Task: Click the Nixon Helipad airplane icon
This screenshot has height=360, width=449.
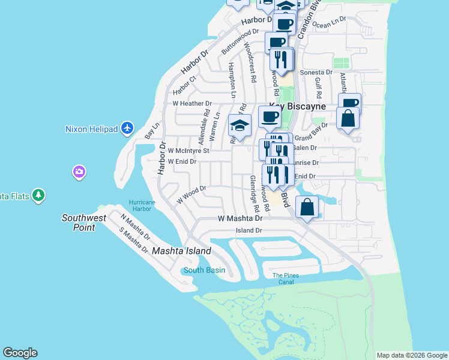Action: pyautogui.click(x=127, y=128)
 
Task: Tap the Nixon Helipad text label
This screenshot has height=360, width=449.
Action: pyautogui.click(x=92, y=128)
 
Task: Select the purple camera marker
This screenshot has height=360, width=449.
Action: pyautogui.click(x=79, y=173)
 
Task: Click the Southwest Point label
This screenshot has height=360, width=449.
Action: pyautogui.click(x=84, y=223)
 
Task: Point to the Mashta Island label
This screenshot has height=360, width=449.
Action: pyautogui.click(x=181, y=251)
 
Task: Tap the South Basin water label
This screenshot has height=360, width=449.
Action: pyautogui.click(x=204, y=270)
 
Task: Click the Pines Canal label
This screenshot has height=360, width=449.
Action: pyautogui.click(x=285, y=278)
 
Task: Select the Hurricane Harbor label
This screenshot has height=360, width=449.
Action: pyautogui.click(x=142, y=206)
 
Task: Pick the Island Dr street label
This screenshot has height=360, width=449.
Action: pyautogui.click(x=249, y=230)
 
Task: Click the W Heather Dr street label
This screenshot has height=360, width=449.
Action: pyautogui.click(x=192, y=104)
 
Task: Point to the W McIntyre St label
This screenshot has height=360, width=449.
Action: pyautogui.click(x=188, y=151)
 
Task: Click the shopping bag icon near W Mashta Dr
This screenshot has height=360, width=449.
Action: pyautogui.click(x=307, y=208)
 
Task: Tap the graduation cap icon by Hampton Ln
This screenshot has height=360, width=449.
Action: pyautogui.click(x=240, y=126)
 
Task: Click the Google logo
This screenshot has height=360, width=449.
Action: pyautogui.click(x=20, y=353)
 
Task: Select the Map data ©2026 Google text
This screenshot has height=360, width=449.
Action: pyautogui.click(x=411, y=355)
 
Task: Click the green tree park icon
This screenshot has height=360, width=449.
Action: pyautogui.click(x=39, y=195)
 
